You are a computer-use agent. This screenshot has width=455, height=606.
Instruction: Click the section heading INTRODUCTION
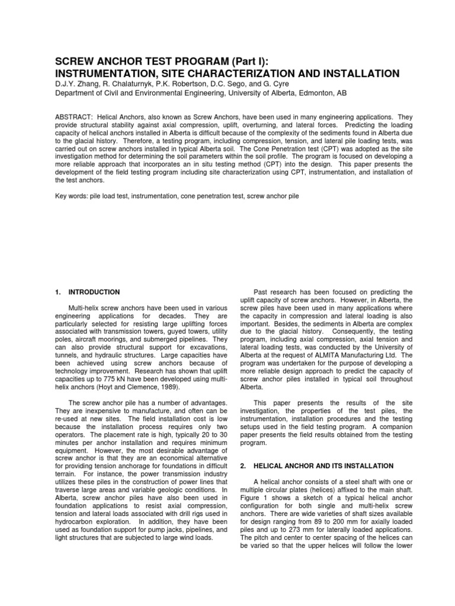click(94, 292)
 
